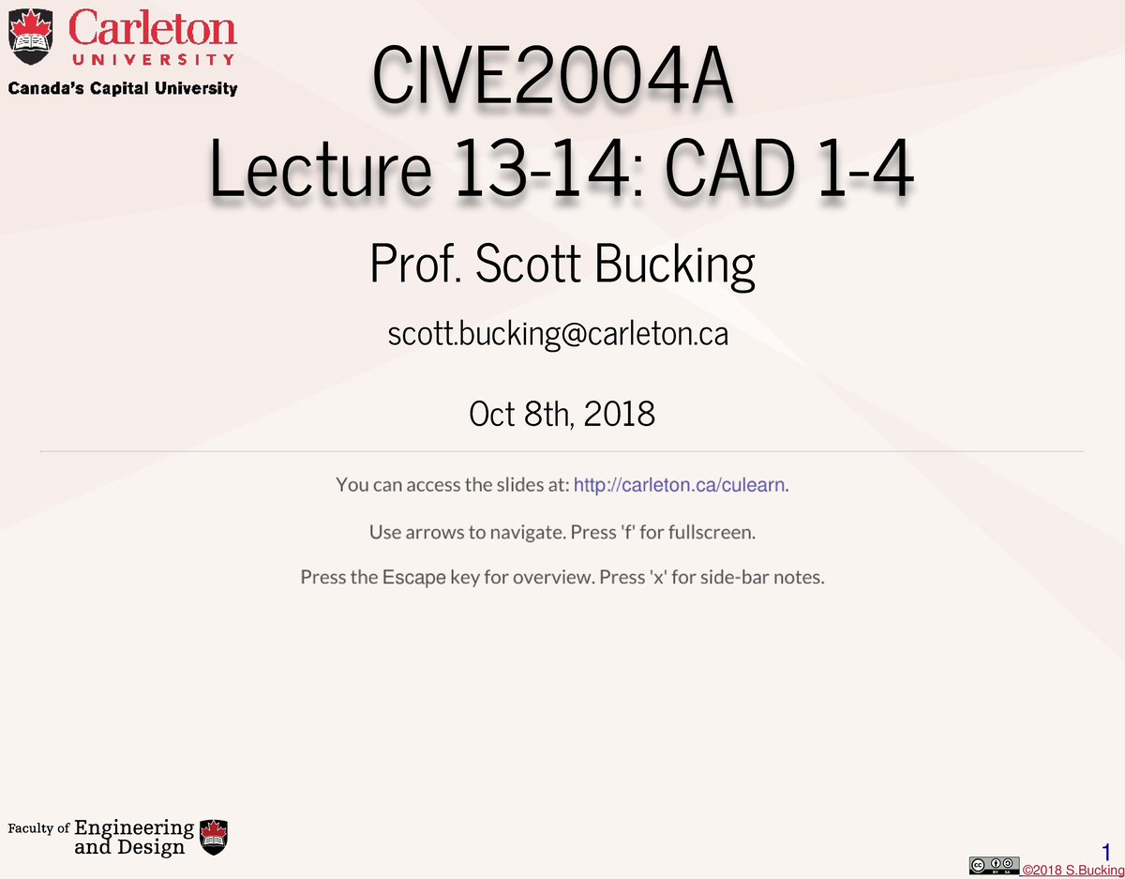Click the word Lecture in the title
tap(320, 173)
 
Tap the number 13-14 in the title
tap(537, 173)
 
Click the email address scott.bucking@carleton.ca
tap(558, 334)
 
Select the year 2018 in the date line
tap(619, 413)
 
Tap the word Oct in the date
tap(491, 413)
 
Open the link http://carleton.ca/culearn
tap(679, 485)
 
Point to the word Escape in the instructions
tap(413, 577)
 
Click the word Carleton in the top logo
tap(152, 28)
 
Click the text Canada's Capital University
tap(123, 89)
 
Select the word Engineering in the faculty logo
tap(134, 827)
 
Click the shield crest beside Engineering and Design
tap(215, 837)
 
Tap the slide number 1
tap(1106, 852)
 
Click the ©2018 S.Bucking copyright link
tap(1072, 871)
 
